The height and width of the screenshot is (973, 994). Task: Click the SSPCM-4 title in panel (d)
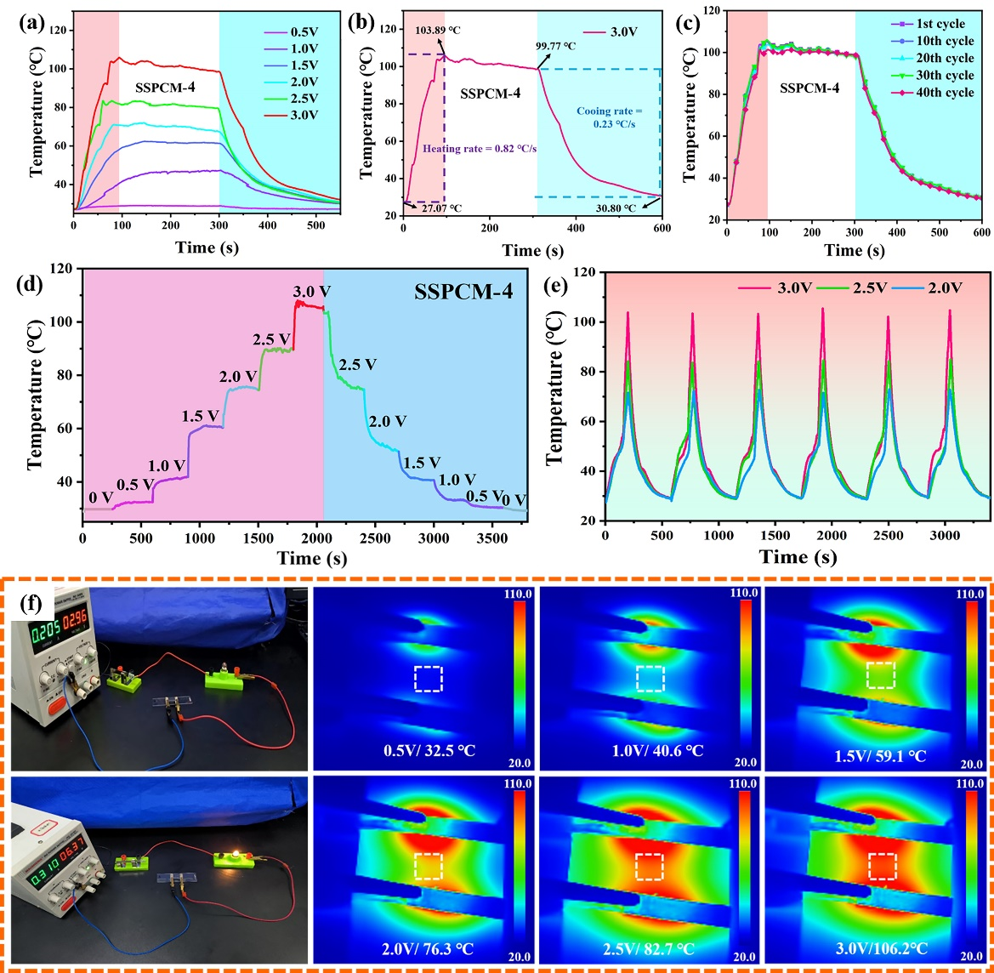[464, 291]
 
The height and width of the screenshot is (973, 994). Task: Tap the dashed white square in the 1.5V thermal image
[880, 675]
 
